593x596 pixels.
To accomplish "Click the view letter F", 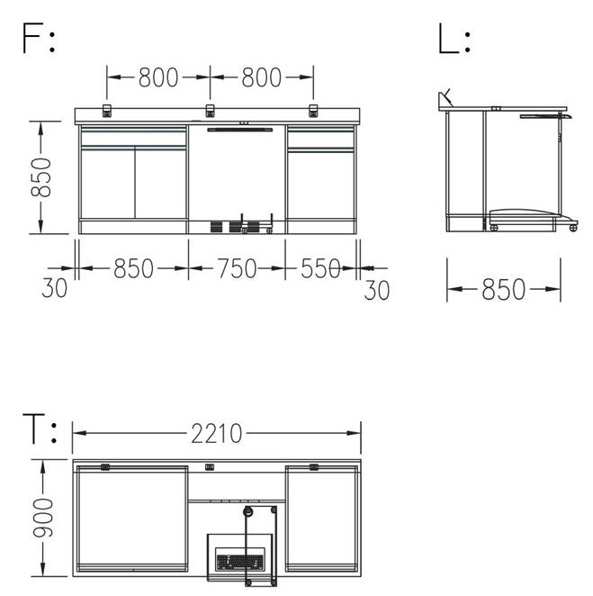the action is coord(31,38).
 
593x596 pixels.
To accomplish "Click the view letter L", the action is coord(448,38).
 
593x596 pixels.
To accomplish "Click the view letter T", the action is coord(34,429).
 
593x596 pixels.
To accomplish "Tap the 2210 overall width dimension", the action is coord(216,433).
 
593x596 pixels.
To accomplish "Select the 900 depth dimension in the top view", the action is coord(42,518).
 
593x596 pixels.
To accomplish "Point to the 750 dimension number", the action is coord(237,268).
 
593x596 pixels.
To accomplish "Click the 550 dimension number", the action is coord(320,268).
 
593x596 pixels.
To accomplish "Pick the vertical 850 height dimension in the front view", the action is coord(40,177).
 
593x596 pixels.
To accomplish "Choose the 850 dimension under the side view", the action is coord(503,289).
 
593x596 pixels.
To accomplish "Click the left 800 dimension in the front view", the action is coord(158,77).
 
